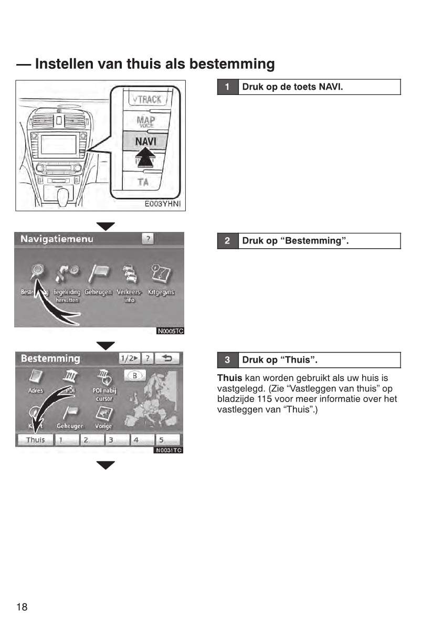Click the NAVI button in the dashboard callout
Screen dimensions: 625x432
145,142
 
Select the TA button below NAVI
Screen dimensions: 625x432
143,182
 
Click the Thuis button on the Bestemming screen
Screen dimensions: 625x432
35,440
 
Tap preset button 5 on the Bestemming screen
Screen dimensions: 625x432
167,440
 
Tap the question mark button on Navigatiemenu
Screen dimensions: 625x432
148,239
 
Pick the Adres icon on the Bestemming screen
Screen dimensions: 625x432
36,377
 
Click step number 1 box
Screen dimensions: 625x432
227,87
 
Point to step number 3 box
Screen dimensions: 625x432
227,360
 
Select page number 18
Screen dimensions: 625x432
22,607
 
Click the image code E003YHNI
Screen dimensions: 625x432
162,205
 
